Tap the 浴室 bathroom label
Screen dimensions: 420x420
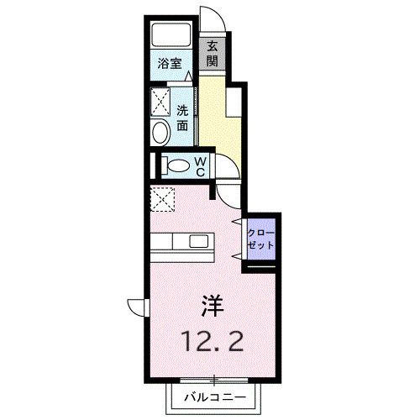click(x=171, y=63)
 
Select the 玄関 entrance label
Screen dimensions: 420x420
click(x=213, y=54)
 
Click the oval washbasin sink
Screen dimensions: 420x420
click(x=160, y=133)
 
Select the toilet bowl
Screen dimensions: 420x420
click(x=176, y=165)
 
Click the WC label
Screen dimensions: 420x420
click(x=202, y=165)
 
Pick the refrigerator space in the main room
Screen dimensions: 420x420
click(x=160, y=201)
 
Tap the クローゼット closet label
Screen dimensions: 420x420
click(x=260, y=238)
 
